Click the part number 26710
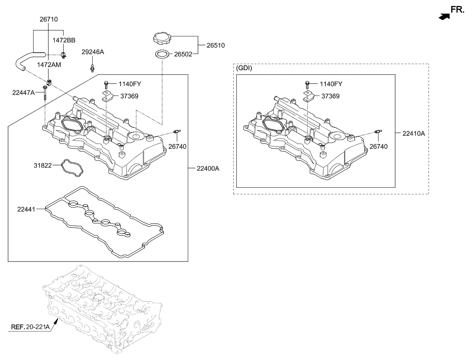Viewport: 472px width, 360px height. point(48,19)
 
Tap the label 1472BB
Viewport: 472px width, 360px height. point(64,40)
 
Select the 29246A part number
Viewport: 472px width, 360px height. point(93,52)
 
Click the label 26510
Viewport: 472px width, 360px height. point(215,45)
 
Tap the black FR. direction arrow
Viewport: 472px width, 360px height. point(444,17)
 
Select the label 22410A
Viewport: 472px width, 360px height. point(413,133)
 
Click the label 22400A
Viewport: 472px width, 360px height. point(208,169)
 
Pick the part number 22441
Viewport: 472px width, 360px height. point(26,208)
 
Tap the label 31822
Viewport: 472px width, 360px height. point(43,165)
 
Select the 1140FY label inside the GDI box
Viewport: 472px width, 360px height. point(332,84)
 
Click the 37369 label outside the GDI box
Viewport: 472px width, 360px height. point(128,96)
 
